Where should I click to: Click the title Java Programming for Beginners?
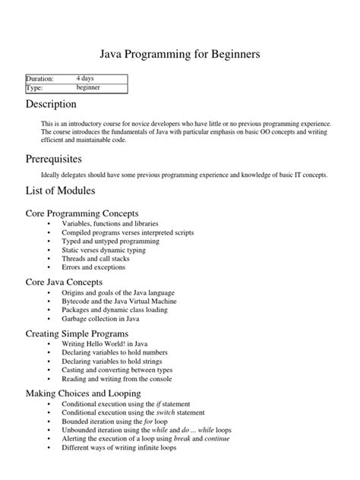pos(180,55)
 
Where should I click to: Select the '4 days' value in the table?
pos(85,78)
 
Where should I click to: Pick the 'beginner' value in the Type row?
pos(88,87)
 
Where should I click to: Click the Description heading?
pos(51,104)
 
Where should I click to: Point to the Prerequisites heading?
pos(54,159)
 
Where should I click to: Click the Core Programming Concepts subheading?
pos(86,214)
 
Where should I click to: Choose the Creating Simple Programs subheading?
pos(77,333)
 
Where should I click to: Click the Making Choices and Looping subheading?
pos(83,393)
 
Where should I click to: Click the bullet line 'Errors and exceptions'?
pos(94,267)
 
